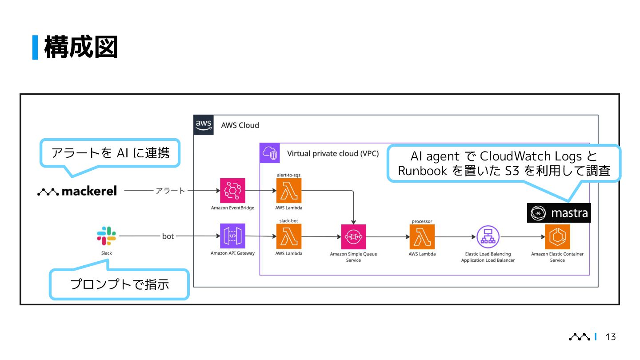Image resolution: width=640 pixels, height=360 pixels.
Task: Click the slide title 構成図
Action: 81,47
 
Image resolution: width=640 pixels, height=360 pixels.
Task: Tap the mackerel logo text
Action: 77,191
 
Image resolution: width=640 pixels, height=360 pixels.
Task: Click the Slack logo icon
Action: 107,236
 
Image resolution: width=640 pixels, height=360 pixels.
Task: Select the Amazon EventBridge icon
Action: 232,191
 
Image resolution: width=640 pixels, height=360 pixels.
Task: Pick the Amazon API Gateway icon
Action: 232,236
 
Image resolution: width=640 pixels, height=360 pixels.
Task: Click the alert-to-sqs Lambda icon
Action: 289,191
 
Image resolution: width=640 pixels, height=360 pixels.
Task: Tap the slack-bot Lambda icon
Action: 289,236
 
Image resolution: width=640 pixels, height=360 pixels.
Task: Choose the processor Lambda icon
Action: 422,236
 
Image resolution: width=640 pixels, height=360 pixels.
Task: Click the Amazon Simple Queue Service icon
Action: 353,236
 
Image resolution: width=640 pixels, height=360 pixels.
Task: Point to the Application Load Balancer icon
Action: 488,236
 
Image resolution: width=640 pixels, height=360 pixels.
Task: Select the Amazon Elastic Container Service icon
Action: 557,236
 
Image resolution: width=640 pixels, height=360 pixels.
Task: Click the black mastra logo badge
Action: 559,213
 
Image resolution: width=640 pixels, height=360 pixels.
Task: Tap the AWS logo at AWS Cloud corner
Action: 204,125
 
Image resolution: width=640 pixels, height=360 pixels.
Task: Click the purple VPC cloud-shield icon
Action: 270,153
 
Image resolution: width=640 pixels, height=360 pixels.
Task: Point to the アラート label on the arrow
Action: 170,191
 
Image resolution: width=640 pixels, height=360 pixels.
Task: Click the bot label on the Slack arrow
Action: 168,236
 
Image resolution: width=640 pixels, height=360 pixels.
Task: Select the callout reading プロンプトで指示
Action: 120,284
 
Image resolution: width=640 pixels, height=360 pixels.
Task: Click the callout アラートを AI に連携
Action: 110,153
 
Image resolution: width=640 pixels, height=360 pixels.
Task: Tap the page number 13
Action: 611,337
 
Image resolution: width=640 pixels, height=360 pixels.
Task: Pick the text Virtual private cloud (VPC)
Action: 333,153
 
